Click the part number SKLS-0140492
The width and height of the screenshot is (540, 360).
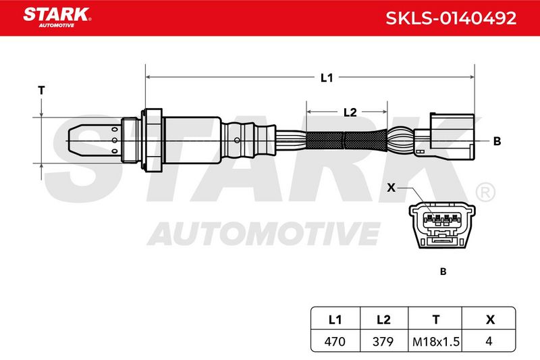tap(451, 18)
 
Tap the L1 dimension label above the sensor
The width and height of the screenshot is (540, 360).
tap(327, 78)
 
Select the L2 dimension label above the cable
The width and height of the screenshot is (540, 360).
tap(350, 112)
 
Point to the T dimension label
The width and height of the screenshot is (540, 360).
tap(41, 91)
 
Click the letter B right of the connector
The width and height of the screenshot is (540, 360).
tap(497, 141)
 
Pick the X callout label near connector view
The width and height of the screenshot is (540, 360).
tap(391, 188)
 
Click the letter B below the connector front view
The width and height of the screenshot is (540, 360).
tap(443, 272)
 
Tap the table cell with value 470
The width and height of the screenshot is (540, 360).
tap(335, 341)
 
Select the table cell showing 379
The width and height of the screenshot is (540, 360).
tap(383, 341)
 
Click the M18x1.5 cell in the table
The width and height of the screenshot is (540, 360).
tap(435, 341)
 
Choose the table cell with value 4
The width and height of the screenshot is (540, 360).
tap(489, 341)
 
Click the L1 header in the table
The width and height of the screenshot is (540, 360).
tap(335, 319)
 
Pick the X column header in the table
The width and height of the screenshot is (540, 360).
tap(490, 319)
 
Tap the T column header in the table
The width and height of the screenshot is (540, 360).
tap(436, 319)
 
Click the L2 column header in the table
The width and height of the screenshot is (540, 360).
tap(383, 319)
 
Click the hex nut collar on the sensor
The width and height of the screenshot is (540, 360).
tap(153, 140)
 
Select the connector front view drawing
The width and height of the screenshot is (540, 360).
tap(443, 226)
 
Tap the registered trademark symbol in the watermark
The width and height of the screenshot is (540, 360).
tap(485, 192)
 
